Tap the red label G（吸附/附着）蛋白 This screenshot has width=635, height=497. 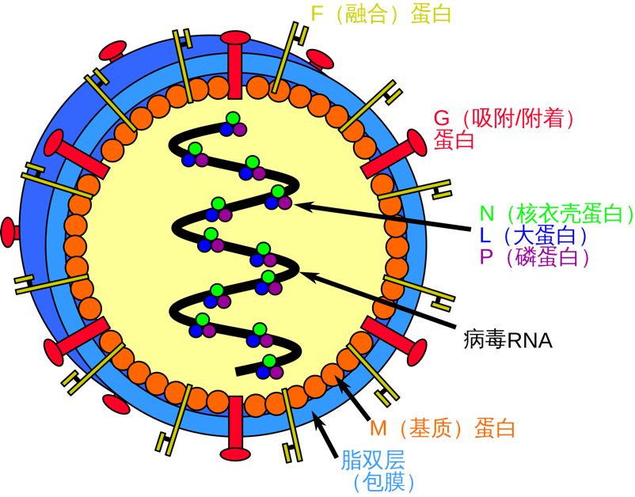503,120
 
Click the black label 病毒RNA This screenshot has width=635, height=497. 507,341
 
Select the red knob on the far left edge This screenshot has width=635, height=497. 9,231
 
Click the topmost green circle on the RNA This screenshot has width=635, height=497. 232,119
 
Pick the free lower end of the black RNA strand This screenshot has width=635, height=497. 240,371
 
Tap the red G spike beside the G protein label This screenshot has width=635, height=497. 397,155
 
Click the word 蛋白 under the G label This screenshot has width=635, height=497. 454,141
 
